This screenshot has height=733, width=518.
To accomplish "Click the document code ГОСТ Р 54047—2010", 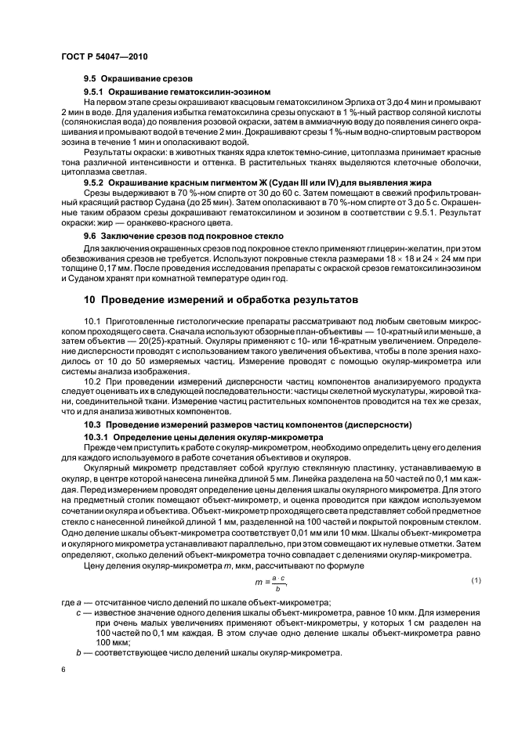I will coord(104,57).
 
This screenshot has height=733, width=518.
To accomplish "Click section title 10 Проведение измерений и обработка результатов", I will coord(221,299).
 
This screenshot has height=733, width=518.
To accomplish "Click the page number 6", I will coord(63,670).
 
